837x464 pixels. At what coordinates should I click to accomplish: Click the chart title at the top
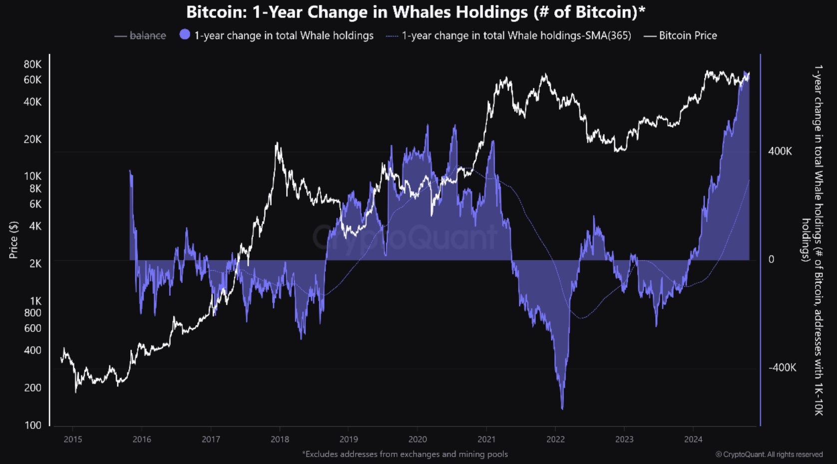point(416,12)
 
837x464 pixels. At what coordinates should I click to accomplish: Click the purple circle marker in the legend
point(185,34)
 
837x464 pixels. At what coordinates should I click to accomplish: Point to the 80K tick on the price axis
point(32,64)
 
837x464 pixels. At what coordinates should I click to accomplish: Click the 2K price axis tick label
point(35,263)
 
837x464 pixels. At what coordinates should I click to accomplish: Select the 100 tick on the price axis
point(32,425)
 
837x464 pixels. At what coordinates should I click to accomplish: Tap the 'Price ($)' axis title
point(13,240)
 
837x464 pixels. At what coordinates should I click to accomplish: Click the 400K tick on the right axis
point(780,151)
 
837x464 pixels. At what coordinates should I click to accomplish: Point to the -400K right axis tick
point(782,368)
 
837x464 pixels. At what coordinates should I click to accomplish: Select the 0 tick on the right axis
point(771,259)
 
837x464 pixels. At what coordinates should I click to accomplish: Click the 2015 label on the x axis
point(73,439)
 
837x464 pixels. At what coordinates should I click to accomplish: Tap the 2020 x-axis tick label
point(418,439)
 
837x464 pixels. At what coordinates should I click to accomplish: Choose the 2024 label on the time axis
point(693,439)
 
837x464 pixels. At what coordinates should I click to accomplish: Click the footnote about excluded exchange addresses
point(405,454)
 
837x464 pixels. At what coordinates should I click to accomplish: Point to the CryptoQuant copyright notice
point(769,454)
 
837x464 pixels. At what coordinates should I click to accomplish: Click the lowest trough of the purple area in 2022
point(562,408)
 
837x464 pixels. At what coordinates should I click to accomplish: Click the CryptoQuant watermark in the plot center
point(405,237)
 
